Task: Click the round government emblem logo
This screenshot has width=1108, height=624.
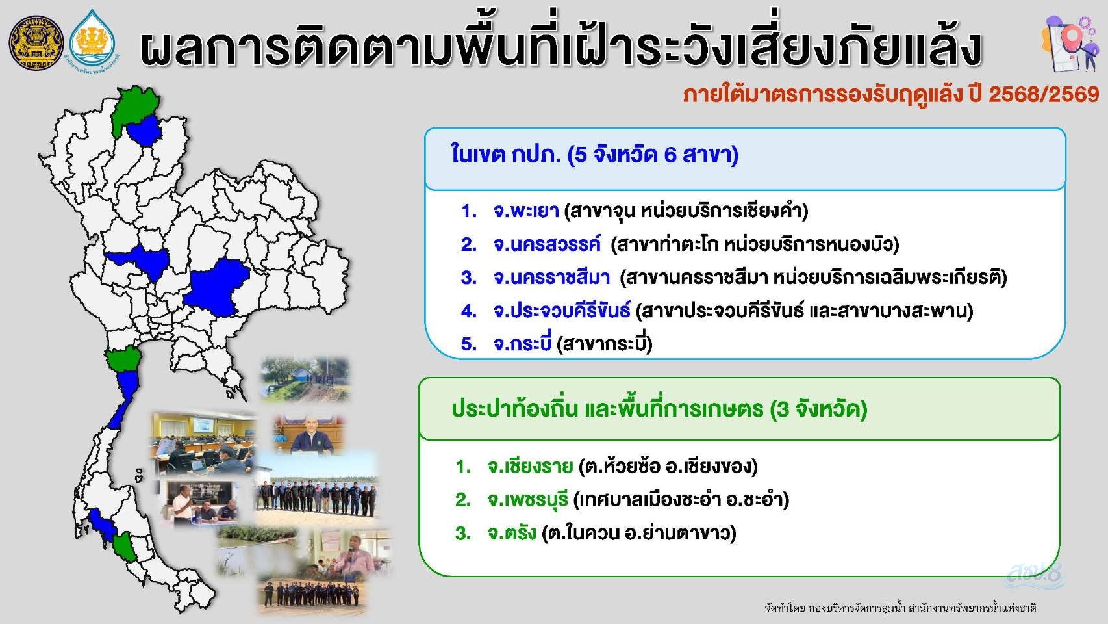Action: pos(36,42)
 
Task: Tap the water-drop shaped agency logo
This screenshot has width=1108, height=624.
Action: pos(92,42)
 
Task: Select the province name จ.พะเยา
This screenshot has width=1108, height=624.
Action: pos(526,211)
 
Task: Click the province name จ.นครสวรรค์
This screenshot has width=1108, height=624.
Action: pos(547,244)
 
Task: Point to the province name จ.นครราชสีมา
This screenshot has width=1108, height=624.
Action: pos(551,278)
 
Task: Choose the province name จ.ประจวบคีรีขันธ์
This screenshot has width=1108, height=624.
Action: pos(562,311)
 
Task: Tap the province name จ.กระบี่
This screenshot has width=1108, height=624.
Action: pos(522,343)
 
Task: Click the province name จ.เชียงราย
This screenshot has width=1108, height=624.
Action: pos(530,467)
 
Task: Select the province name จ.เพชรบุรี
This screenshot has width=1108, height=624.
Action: pos(527,500)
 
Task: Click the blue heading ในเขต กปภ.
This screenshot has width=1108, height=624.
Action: pos(505,155)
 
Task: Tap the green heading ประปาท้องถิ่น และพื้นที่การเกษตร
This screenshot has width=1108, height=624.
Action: pos(607,409)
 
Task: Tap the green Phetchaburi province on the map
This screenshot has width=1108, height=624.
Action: pos(123,359)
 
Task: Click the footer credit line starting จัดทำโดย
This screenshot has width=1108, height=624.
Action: pos(900,608)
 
